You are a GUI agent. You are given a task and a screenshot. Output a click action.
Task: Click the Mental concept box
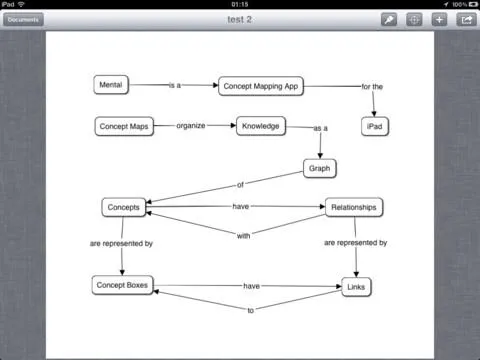pyautogui.click(x=110, y=85)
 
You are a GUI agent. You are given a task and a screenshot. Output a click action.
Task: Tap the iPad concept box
pyautogui.click(x=374, y=126)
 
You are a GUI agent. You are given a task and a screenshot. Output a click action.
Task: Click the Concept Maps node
pyautogui.click(x=125, y=127)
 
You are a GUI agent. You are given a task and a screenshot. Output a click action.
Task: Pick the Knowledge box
pyautogui.click(x=260, y=126)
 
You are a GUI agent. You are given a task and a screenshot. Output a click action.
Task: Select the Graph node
pyautogui.click(x=320, y=168)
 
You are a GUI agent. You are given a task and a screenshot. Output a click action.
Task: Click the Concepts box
pyautogui.click(x=124, y=207)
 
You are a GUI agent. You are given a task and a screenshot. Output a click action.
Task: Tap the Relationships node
pyautogui.click(x=354, y=207)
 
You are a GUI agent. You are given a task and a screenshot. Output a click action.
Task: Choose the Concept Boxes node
pyautogui.click(x=122, y=286)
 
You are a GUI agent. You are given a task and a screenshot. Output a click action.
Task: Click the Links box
pyautogui.click(x=356, y=287)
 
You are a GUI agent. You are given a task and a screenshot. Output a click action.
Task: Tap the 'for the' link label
pyautogui.click(x=372, y=87)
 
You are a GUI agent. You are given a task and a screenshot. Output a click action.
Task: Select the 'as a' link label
pyautogui.click(x=321, y=129)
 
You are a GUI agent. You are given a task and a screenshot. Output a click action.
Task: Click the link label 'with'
pyautogui.click(x=243, y=236)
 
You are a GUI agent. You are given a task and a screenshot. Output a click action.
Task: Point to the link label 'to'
pyautogui.click(x=251, y=309)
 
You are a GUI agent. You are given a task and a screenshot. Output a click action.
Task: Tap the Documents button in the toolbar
pyautogui.click(x=23, y=19)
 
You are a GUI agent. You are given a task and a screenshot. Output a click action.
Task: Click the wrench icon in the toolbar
pyautogui.click(x=388, y=19)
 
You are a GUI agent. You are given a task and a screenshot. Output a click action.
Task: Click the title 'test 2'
pyautogui.click(x=239, y=19)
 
